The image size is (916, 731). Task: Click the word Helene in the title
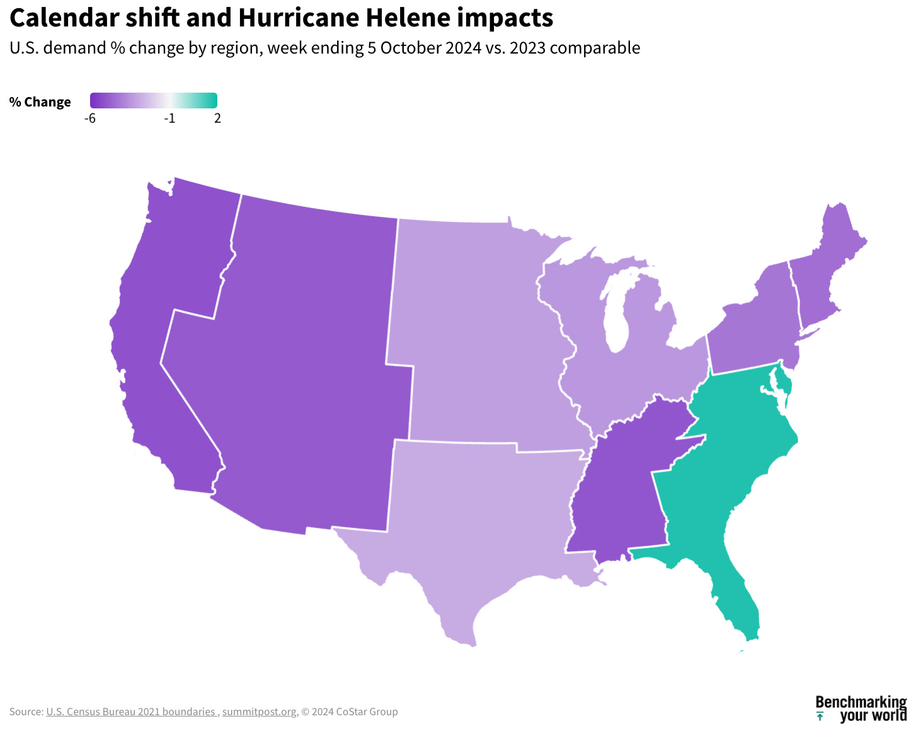pyautogui.click(x=408, y=18)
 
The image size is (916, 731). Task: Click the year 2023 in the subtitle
pyautogui.click(x=527, y=48)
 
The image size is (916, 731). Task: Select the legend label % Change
pyautogui.click(x=40, y=102)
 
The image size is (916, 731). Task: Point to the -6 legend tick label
pyautogui.click(x=90, y=118)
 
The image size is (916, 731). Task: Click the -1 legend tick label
pyautogui.click(x=169, y=118)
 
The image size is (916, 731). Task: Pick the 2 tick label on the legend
pyautogui.click(x=217, y=118)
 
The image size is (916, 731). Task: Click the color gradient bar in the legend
pyautogui.click(x=154, y=100)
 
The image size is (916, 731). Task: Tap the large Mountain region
pyautogui.click(x=302, y=365)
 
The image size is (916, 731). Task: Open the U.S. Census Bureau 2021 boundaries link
pyautogui.click(x=132, y=712)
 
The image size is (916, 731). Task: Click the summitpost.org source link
pyautogui.click(x=259, y=712)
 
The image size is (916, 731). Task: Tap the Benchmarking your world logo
pyautogui.click(x=861, y=709)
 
